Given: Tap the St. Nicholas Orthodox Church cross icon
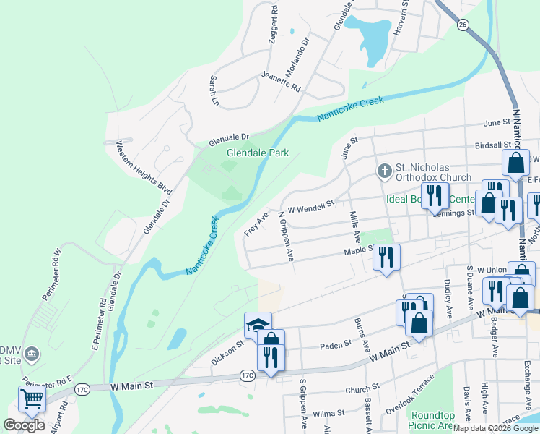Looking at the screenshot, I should (385, 170).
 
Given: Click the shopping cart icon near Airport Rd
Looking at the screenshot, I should (31, 400).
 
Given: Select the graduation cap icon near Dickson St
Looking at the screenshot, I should (258, 325).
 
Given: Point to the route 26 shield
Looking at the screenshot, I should (461, 25).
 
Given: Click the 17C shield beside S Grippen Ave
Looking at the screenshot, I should (248, 375).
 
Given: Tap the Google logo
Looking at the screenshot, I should (24, 425).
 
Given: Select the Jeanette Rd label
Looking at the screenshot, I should (281, 79).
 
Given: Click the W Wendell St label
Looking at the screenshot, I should (311, 207).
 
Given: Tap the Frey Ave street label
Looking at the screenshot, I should (256, 224).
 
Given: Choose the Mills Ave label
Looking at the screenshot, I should (354, 226).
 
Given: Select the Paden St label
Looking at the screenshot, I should (336, 346).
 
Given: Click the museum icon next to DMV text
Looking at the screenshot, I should (30, 354).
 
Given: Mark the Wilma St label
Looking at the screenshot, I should (330, 413).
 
